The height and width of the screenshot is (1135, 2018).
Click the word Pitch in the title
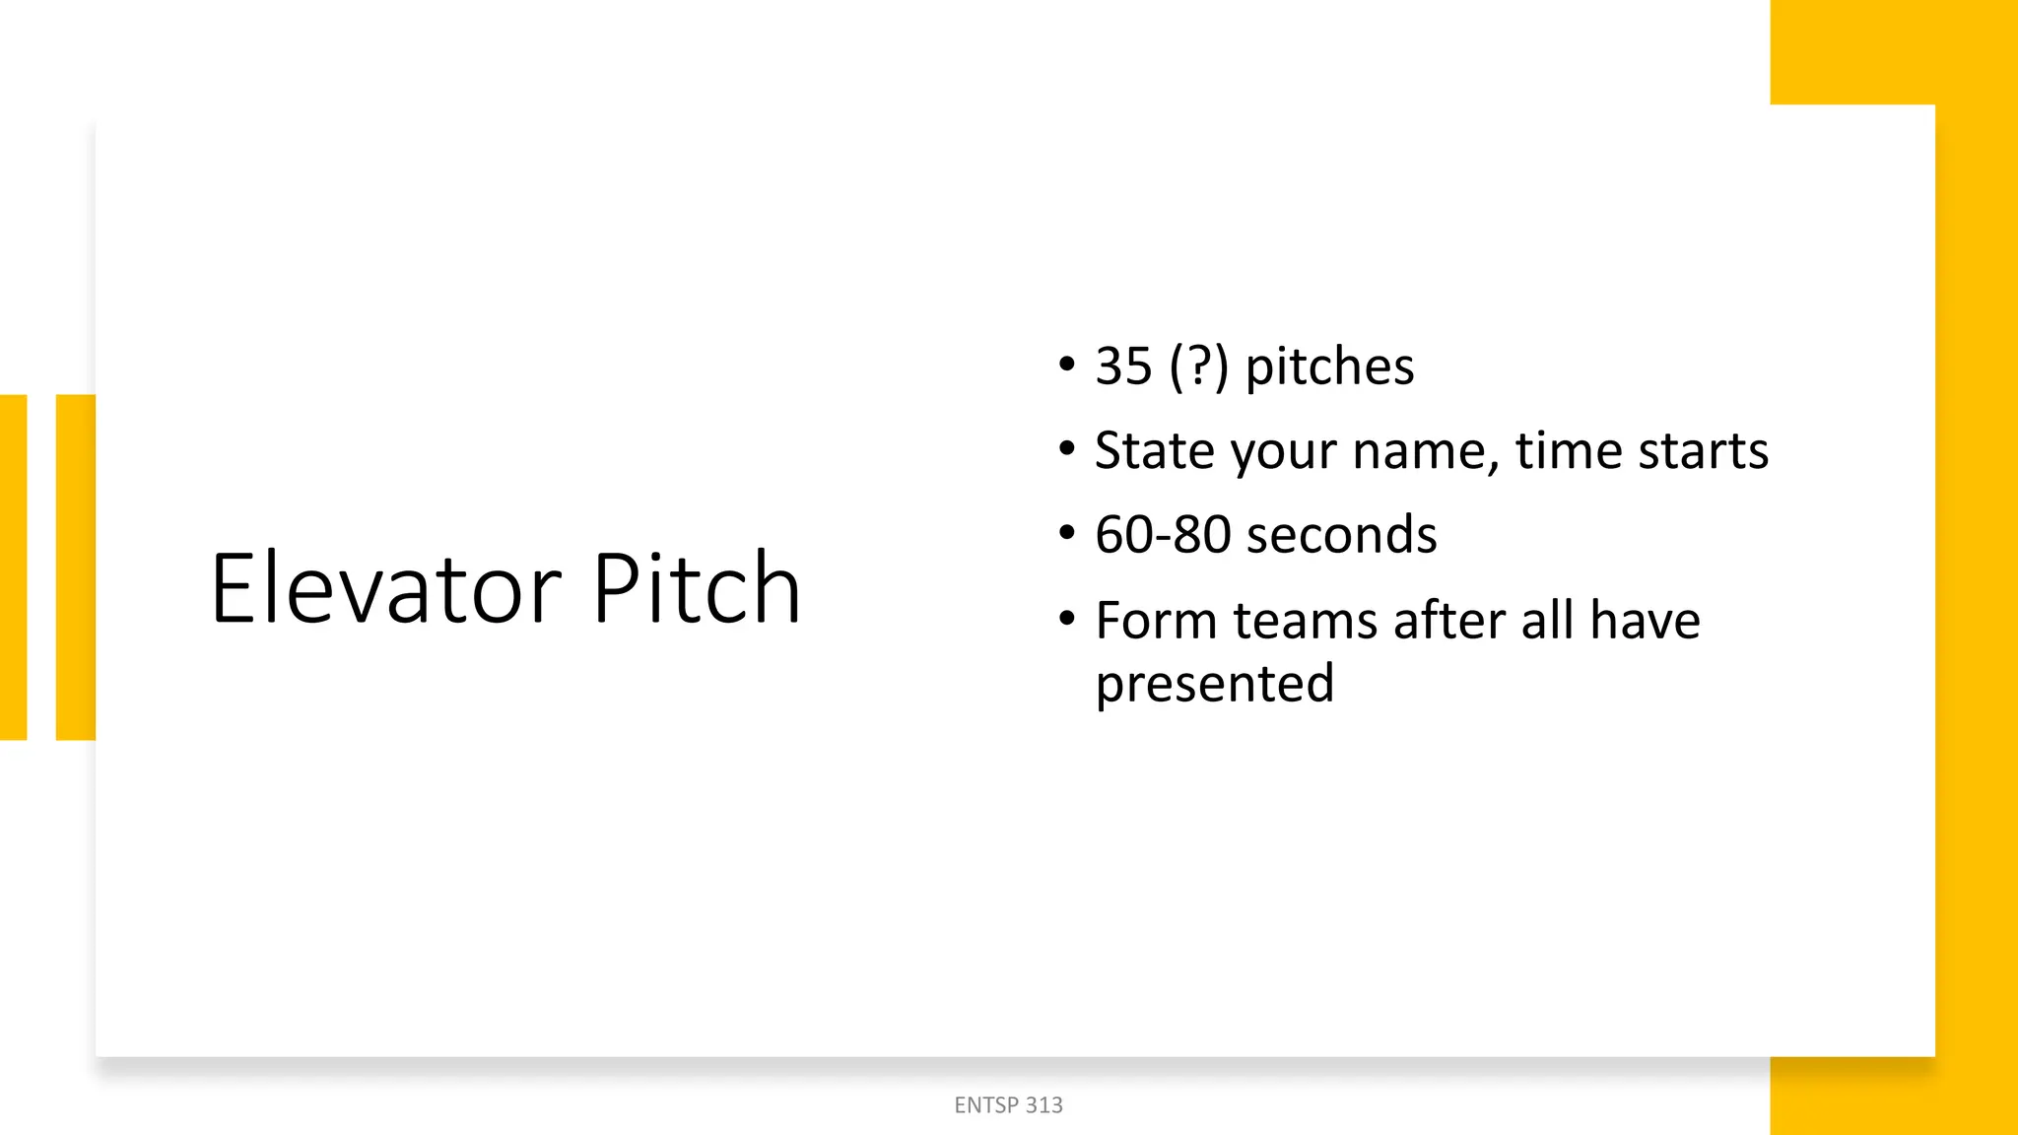coord(697,588)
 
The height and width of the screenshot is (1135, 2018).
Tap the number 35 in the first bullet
coord(1123,367)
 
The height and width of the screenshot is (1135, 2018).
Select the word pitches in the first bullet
coord(1329,367)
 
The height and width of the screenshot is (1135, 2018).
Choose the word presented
coord(1215,684)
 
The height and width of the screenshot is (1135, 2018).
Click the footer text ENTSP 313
coord(1008,1105)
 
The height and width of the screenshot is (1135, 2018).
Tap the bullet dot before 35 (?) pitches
coord(1066,365)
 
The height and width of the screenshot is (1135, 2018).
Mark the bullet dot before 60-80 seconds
coord(1066,533)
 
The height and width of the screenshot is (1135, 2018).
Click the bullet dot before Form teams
coord(1066,619)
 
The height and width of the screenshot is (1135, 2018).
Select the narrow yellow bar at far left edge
coord(13,567)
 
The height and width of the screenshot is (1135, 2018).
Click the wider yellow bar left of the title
coord(76,567)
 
